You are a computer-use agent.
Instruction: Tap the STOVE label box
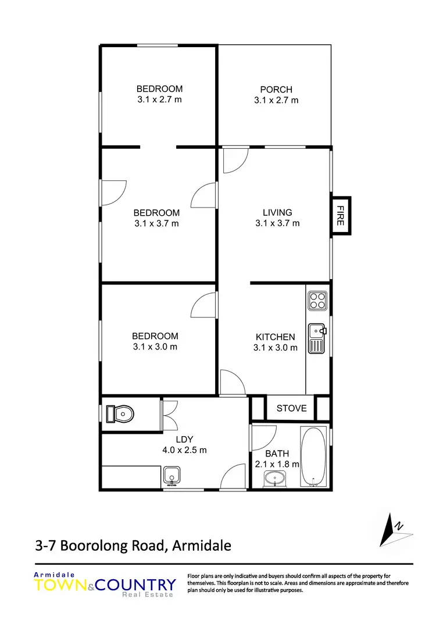point(291,408)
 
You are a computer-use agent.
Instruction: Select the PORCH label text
point(276,90)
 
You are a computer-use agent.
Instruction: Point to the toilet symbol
point(121,414)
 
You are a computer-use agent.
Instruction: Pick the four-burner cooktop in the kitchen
point(318,299)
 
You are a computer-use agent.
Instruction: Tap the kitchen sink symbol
point(317,338)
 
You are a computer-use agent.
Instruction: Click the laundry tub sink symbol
point(171,476)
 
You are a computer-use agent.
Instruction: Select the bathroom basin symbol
point(274,479)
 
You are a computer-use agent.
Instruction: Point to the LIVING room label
point(277,212)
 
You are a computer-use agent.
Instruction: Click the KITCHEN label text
point(276,337)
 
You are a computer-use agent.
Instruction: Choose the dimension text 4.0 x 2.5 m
point(184,450)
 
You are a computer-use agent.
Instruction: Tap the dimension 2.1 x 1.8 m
point(277,464)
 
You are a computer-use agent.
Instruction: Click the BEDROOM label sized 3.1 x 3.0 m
point(155,336)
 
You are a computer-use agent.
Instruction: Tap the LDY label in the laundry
point(184,439)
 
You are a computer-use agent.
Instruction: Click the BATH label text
point(277,454)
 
